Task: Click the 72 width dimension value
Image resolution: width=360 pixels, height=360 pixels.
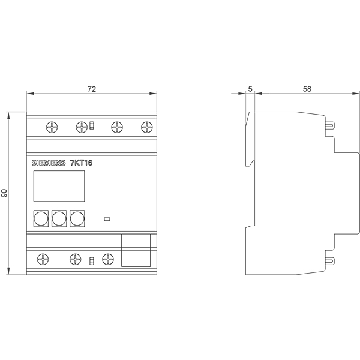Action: [92, 89]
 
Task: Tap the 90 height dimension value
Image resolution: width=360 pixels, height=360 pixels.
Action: [4, 193]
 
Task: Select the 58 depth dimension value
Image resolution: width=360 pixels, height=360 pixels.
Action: [307, 89]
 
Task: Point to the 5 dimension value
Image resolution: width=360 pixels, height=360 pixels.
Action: [250, 89]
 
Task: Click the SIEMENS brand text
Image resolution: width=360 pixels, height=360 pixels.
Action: [49, 163]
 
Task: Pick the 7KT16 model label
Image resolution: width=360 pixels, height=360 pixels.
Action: [81, 163]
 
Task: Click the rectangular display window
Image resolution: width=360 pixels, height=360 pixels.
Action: [59, 186]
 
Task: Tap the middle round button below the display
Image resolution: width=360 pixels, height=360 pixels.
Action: [59, 218]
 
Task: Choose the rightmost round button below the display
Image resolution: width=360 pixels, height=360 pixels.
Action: [77, 218]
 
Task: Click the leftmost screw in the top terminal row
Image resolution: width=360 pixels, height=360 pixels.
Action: [52, 127]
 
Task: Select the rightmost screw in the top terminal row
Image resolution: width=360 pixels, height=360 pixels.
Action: [147, 127]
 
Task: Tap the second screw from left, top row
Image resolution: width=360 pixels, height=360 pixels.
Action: [82, 127]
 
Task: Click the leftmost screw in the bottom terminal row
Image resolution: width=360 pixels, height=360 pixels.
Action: [43, 259]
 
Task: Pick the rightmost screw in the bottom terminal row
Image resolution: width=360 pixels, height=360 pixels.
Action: [107, 259]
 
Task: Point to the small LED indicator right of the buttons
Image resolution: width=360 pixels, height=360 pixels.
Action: [107, 219]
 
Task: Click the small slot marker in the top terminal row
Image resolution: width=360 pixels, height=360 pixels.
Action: [92, 125]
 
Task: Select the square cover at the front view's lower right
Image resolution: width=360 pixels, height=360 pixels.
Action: [136, 250]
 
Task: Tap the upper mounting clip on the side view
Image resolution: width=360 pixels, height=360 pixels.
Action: [330, 125]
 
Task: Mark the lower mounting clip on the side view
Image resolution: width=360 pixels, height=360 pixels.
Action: [330, 261]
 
